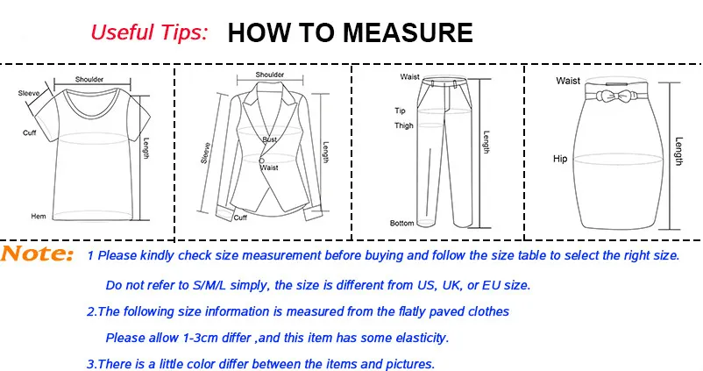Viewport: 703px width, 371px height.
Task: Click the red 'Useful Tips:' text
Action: click(150, 33)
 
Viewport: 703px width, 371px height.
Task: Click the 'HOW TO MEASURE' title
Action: click(350, 33)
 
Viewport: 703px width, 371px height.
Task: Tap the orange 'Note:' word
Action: click(37, 255)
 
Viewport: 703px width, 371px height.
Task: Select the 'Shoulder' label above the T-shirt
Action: click(89, 79)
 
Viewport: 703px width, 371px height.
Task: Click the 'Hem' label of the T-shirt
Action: click(39, 216)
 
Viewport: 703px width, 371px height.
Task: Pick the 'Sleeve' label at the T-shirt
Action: click(27, 91)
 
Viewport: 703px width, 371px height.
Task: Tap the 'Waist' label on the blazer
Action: click(270, 167)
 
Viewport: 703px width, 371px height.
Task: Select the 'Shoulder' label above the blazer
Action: click(270, 75)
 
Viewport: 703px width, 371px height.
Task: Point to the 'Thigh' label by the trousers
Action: click(404, 126)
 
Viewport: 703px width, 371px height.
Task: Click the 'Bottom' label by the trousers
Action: click(402, 224)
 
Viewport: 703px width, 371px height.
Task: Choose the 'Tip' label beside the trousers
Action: click(400, 111)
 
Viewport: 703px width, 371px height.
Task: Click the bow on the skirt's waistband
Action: click(613, 95)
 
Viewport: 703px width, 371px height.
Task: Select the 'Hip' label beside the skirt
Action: click(560, 159)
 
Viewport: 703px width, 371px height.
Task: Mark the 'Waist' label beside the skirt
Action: click(568, 81)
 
